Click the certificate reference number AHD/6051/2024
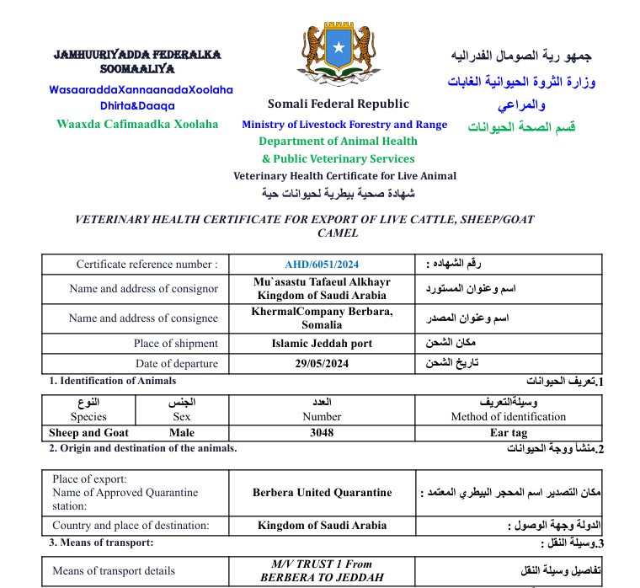click(322, 265)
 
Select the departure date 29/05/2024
click(322, 364)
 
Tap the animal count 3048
click(322, 433)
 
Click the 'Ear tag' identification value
click(509, 433)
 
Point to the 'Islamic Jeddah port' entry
click(322, 344)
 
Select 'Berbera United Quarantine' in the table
click(322, 493)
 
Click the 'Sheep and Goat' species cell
click(88, 433)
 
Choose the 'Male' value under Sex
click(182, 433)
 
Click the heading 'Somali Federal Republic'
click(339, 104)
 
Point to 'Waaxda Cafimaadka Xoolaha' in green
click(137, 124)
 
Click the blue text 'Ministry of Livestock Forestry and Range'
click(344, 125)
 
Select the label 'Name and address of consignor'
click(143, 289)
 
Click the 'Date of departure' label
click(176, 364)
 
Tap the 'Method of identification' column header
click(509, 417)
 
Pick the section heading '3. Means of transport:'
click(101, 543)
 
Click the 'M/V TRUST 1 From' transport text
click(322, 564)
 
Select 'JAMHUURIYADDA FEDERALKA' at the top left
click(137, 55)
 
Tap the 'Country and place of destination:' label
click(131, 526)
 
